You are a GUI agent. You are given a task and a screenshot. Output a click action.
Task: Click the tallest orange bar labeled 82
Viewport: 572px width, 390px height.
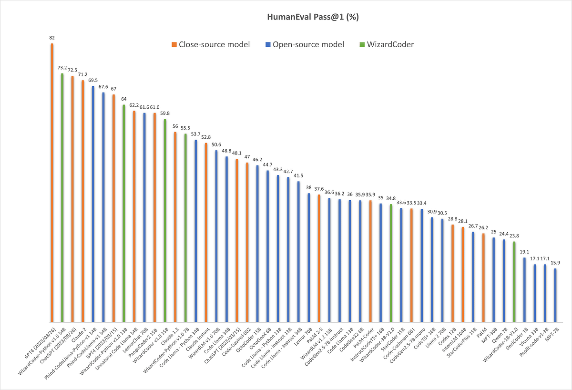tap(52, 181)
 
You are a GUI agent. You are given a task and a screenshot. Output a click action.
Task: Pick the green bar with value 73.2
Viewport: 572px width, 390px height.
tap(62, 198)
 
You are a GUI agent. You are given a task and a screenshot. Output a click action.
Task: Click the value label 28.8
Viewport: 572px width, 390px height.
tap(452, 219)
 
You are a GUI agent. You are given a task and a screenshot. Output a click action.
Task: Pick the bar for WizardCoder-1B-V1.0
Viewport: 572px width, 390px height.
tap(514, 282)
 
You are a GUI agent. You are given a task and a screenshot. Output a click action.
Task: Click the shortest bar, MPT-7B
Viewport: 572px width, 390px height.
tap(555, 295)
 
